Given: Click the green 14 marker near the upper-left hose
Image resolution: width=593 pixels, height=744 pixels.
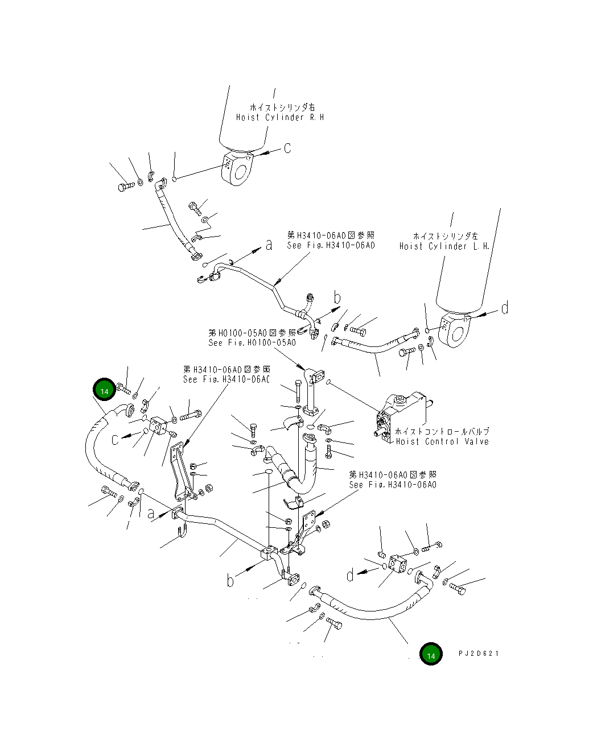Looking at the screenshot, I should click(104, 391).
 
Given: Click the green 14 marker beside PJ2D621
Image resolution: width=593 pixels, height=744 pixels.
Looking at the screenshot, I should click(431, 655).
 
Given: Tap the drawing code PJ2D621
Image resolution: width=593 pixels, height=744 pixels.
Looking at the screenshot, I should click(479, 654).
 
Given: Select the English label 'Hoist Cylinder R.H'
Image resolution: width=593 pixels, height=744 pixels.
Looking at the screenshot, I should click(280, 117).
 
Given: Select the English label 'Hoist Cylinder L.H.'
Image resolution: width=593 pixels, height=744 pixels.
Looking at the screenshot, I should click(444, 246).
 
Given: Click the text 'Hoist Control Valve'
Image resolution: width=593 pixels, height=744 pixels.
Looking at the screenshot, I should click(442, 441).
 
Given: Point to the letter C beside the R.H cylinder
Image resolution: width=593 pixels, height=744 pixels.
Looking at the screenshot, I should click(287, 148).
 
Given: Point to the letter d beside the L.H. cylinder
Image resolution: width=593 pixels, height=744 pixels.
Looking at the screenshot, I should click(504, 309).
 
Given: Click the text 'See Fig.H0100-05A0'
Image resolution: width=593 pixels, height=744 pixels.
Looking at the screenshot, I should click(252, 342).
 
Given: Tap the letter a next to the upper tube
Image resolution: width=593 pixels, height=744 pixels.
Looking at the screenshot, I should click(269, 245).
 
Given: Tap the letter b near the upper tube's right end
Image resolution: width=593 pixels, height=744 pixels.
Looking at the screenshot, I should click(337, 297).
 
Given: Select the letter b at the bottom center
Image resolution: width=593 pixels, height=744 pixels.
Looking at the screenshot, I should click(230, 580).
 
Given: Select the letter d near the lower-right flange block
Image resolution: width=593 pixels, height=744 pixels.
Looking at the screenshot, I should click(350, 574).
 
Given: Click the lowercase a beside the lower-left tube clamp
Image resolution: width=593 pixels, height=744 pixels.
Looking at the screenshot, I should click(151, 514).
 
